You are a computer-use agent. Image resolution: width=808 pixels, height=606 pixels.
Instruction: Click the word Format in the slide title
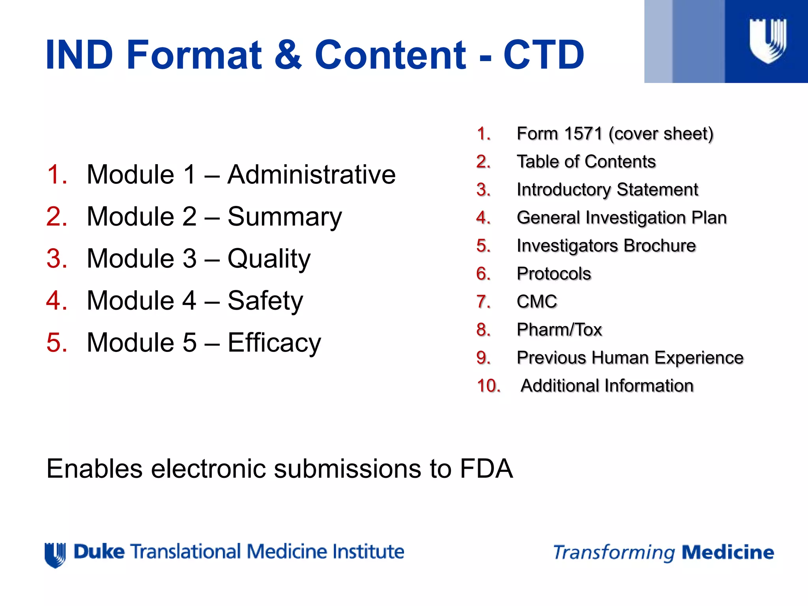194,55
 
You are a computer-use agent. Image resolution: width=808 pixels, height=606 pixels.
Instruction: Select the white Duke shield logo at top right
768,41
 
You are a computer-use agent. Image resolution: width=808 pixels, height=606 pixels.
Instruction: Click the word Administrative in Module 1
311,174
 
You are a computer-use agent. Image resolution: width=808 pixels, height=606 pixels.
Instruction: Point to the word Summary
284,217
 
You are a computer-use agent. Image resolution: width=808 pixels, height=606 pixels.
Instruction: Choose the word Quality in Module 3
269,259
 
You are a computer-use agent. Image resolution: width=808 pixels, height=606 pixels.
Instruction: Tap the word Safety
265,301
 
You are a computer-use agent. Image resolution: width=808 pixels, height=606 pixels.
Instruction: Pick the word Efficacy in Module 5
274,343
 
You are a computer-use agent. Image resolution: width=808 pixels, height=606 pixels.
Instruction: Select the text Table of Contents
586,162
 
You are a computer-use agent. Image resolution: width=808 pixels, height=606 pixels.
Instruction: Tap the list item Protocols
554,274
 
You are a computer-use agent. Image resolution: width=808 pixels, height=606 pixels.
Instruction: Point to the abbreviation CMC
537,302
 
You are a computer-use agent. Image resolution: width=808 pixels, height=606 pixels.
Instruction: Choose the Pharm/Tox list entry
559,330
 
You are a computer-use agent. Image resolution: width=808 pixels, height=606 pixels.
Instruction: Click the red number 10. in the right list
488,386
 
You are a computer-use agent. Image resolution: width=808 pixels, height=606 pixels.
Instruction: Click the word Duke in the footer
99,552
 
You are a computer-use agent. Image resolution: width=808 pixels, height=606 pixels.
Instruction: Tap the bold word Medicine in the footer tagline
728,552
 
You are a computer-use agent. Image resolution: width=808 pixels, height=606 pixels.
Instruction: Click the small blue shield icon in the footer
55,555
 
